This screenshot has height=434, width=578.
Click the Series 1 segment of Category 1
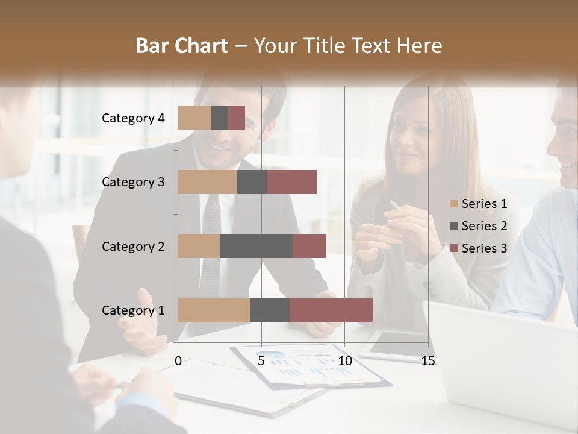[x=214, y=310]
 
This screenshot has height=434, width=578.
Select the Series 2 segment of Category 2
[x=256, y=246]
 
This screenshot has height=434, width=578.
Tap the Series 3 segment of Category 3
[x=291, y=182]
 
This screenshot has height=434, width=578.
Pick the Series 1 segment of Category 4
[x=194, y=118]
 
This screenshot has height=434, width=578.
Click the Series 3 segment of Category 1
[x=331, y=310]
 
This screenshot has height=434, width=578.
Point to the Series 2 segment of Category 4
[x=220, y=118]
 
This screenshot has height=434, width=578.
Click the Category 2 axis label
[x=133, y=246]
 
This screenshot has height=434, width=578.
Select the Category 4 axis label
[x=133, y=118]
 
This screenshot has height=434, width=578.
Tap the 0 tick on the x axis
[x=178, y=361]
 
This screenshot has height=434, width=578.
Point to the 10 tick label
[x=344, y=361]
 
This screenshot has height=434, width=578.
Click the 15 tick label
[x=428, y=361]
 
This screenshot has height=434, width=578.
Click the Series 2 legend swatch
[x=454, y=226]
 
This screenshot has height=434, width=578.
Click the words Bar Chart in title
[x=182, y=45]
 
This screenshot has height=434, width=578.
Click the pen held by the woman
[x=394, y=206]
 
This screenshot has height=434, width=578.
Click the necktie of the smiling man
[x=211, y=241]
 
